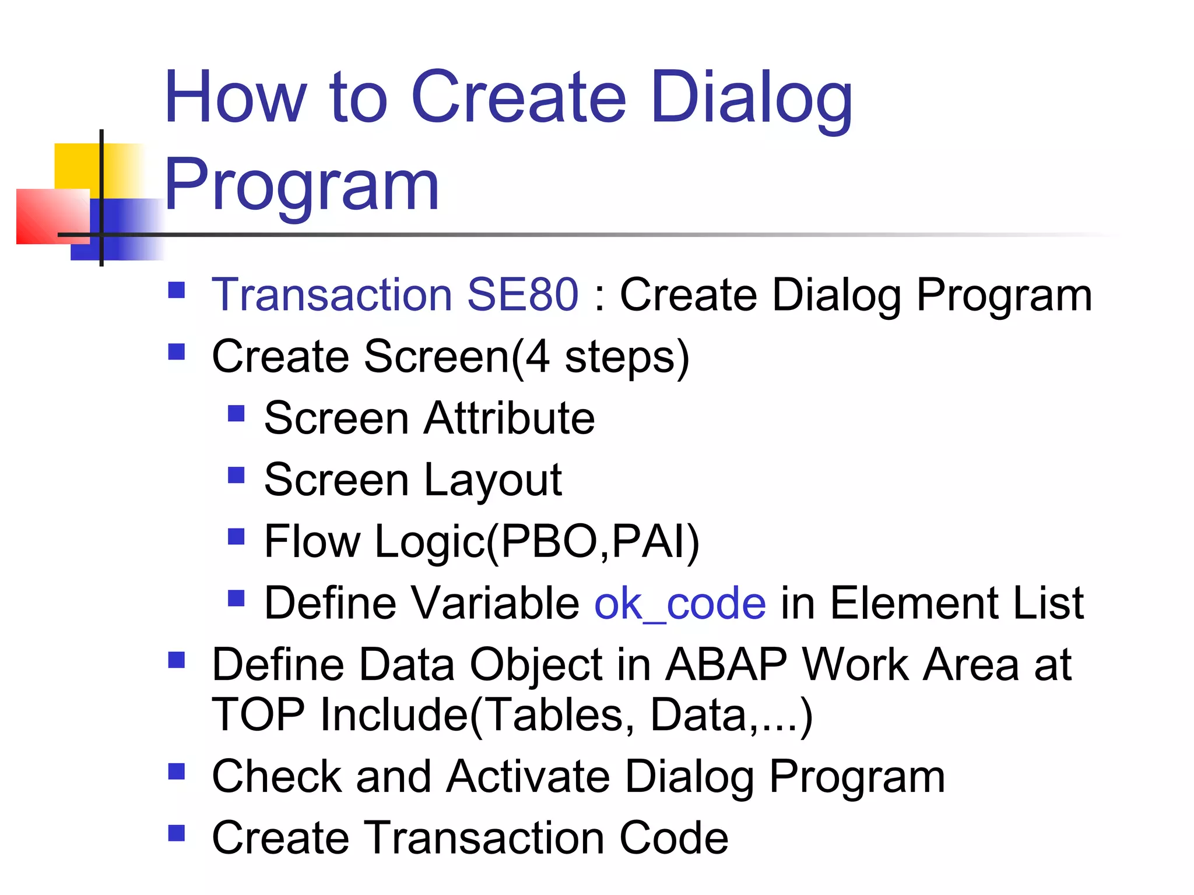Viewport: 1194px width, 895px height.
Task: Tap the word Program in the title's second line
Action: click(301, 185)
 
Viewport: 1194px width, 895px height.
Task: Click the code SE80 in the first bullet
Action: click(522, 295)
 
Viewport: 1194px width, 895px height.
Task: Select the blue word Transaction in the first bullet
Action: click(332, 295)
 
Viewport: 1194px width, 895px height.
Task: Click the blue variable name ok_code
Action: click(680, 604)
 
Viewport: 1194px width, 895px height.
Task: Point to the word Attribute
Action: click(509, 418)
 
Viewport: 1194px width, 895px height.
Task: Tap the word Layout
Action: click(493, 480)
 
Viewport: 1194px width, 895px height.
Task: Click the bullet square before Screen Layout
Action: click(236, 475)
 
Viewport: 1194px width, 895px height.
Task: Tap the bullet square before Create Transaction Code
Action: click(177, 833)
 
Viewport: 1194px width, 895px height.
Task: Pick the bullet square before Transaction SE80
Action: click(177, 290)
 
